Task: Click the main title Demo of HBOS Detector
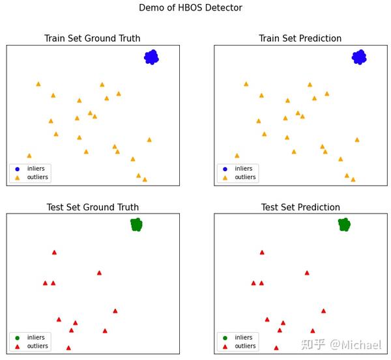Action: point(190,8)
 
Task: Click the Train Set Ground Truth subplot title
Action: point(92,38)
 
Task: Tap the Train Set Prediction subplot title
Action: point(300,38)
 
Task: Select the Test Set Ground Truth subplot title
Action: point(93,207)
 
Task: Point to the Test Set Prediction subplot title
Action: point(300,207)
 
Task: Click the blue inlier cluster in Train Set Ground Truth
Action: point(151,57)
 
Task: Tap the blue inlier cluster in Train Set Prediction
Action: point(359,57)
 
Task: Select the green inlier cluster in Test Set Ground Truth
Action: point(136,225)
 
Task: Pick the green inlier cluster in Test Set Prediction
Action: point(344,225)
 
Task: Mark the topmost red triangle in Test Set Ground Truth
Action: point(54,252)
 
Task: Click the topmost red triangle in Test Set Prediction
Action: point(262,252)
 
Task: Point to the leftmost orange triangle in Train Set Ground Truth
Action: point(29,156)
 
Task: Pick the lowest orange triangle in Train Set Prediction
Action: point(353,180)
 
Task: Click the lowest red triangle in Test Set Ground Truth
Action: point(68,348)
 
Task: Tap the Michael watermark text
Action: point(355,344)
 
